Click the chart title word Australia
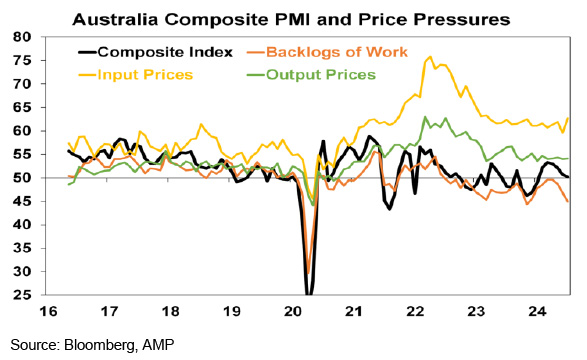coord(116,19)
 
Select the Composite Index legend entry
coord(155,52)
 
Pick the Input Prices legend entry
coord(136,75)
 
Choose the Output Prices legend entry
coord(311,75)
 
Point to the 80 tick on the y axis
coord(22,37)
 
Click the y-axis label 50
coord(22,178)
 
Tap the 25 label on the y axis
coord(22,295)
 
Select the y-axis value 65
coord(22,107)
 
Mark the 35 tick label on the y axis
coord(22,248)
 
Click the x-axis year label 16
coord(48,311)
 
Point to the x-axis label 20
coord(293,311)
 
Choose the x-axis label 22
coord(415,311)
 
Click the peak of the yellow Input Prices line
coord(430,57)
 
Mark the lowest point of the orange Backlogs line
coord(308,273)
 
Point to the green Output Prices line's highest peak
coord(425,117)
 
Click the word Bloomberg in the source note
coord(99,345)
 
